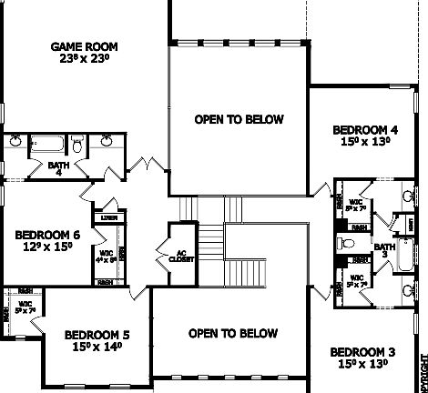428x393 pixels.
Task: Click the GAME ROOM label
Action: pos(85,46)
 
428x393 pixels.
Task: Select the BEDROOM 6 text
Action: pos(47,235)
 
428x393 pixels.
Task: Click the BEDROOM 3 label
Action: pos(362,352)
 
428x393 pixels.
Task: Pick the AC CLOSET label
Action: pos(174,254)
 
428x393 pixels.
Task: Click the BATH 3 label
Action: pos(385,249)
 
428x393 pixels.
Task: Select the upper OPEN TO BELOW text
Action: pos(239,119)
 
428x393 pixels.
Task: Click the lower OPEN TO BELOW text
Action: pos(232,334)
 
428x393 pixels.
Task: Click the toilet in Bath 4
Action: pos(78,145)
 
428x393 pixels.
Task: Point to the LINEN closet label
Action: pos(108,218)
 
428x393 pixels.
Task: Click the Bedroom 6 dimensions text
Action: pos(47,247)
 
